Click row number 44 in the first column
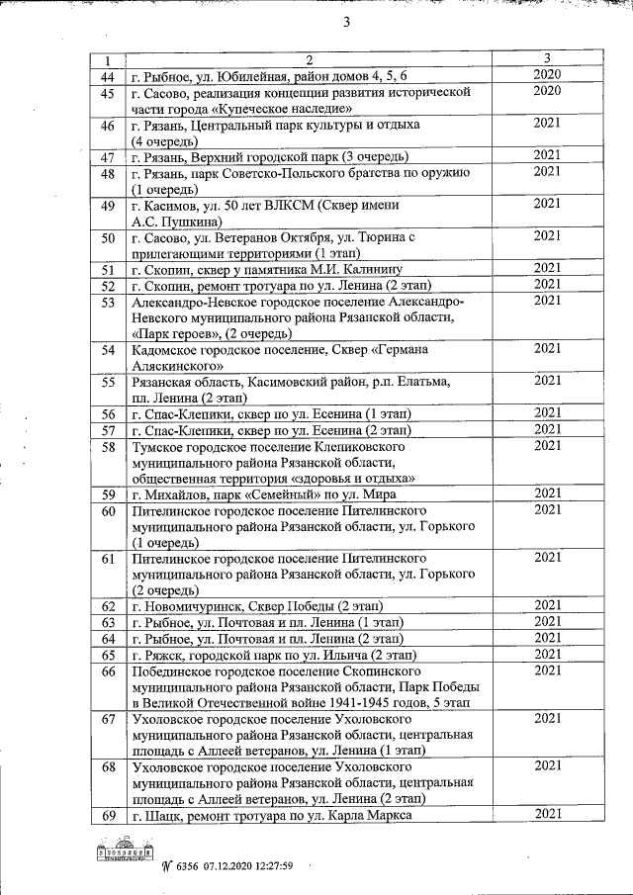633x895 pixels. (x=109, y=76)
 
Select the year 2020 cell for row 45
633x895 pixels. (x=547, y=92)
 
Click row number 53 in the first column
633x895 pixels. (x=109, y=302)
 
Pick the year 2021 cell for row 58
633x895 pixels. (x=547, y=446)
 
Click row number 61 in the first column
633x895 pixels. (x=109, y=559)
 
